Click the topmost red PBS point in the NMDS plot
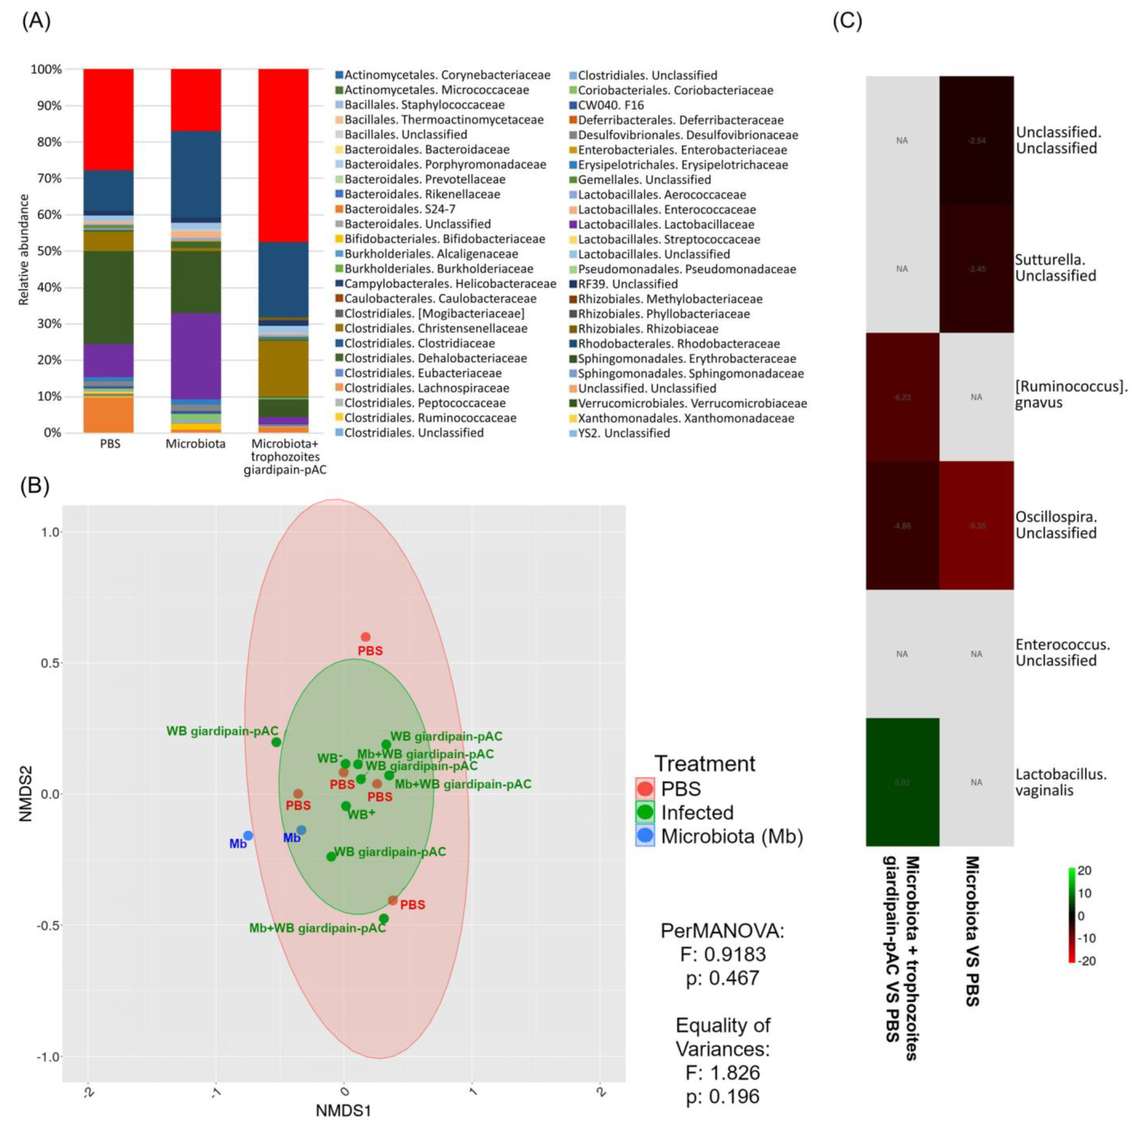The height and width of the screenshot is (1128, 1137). click(365, 637)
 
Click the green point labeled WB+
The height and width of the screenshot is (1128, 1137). click(346, 806)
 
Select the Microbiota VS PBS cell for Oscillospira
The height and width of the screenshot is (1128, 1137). click(976, 526)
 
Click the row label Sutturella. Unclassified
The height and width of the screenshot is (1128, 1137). click(1055, 268)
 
